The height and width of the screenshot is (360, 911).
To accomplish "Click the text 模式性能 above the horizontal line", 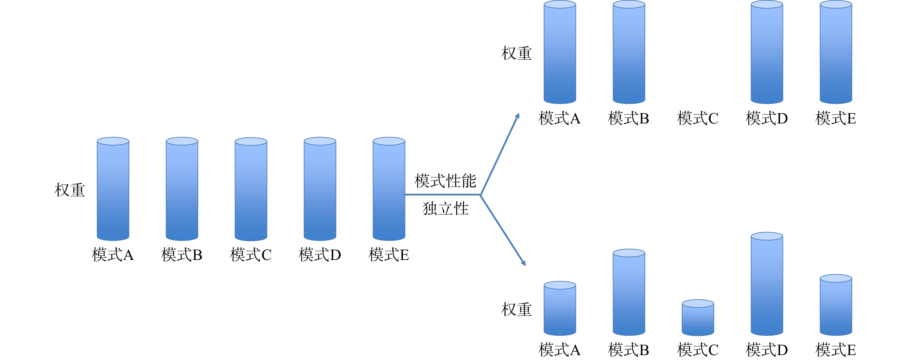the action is [x=445, y=181].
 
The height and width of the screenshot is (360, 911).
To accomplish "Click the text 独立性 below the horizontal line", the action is [x=445, y=209].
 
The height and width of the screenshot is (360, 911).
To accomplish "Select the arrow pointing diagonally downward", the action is [x=503, y=230].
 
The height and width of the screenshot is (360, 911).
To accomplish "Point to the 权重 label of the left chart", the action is [x=70, y=190].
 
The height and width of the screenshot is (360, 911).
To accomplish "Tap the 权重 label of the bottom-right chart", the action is [x=516, y=309].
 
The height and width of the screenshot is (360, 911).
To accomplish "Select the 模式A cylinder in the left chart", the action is [x=113, y=189].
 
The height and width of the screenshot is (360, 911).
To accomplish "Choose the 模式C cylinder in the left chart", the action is [x=251, y=189].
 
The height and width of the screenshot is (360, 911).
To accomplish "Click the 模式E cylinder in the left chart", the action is [x=389, y=189].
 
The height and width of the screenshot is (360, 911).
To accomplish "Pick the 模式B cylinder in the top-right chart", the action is [x=629, y=52].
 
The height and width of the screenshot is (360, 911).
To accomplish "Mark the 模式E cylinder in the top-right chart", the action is [x=836, y=52].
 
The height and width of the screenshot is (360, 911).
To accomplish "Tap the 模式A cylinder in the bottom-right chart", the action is [x=560, y=309].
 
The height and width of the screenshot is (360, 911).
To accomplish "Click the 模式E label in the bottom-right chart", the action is [x=836, y=350].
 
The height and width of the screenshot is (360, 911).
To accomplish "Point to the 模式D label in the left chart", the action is [x=320, y=255].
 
